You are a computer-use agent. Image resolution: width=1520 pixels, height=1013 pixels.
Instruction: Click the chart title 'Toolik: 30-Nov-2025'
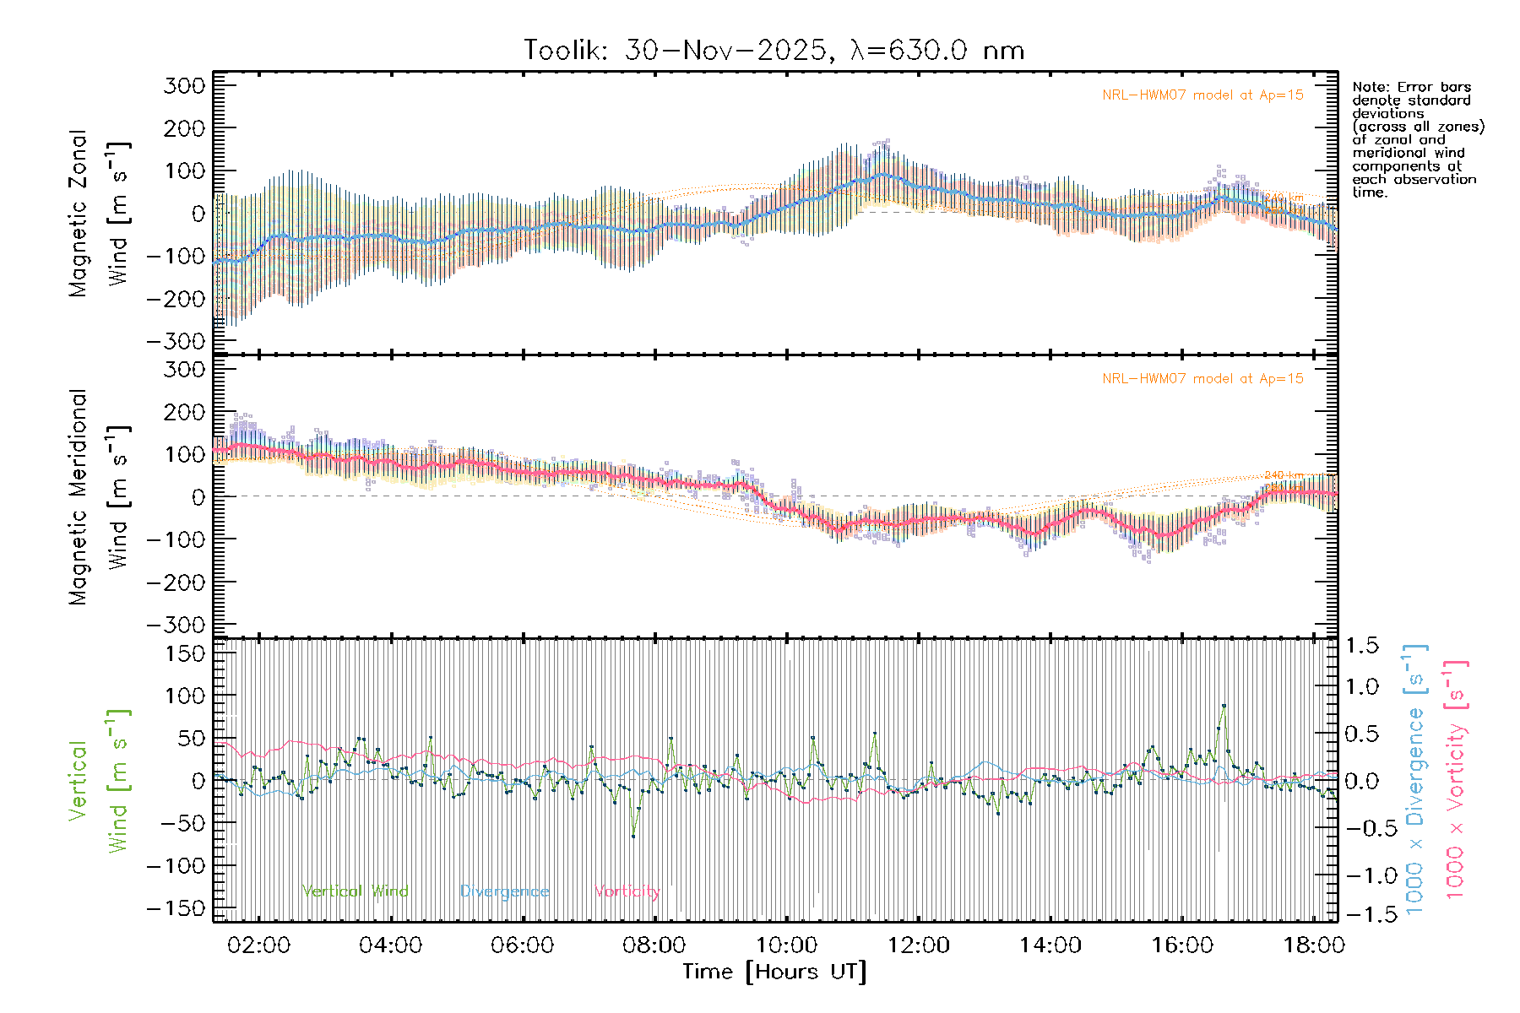tap(676, 51)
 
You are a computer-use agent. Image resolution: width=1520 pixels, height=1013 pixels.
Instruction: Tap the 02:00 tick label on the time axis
tap(258, 945)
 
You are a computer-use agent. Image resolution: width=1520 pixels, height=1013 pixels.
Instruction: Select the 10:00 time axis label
tap(786, 945)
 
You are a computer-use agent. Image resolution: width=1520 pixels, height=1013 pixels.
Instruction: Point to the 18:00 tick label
tap(1313, 945)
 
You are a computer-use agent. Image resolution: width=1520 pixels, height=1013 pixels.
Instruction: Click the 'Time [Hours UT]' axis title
tap(774, 972)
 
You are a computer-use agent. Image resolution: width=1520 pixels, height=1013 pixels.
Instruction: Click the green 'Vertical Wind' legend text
tap(355, 891)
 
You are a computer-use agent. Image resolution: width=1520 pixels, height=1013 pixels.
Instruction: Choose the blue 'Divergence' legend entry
tap(504, 891)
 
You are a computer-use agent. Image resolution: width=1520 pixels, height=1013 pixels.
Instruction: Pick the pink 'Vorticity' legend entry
tap(627, 891)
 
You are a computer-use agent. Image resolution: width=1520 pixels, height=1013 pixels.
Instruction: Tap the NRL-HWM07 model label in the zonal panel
tap(1202, 95)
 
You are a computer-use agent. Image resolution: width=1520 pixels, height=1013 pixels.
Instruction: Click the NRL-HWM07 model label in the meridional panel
tap(1202, 379)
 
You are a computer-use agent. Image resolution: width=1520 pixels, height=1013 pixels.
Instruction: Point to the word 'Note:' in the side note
tap(1371, 87)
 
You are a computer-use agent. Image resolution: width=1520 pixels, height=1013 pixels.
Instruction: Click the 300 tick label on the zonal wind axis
tap(185, 85)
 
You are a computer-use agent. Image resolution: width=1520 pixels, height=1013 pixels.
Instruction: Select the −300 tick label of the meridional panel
tap(176, 625)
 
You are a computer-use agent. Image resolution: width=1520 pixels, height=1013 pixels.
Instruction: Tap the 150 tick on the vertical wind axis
tap(185, 653)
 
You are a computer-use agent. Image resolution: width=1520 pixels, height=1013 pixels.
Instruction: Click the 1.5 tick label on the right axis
tap(1362, 646)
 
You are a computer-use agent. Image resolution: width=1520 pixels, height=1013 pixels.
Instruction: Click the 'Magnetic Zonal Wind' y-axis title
tap(100, 213)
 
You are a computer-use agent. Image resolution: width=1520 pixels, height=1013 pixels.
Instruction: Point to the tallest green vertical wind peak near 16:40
tap(1224, 706)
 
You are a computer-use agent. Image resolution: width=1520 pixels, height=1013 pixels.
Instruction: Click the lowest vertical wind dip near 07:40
tap(633, 836)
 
